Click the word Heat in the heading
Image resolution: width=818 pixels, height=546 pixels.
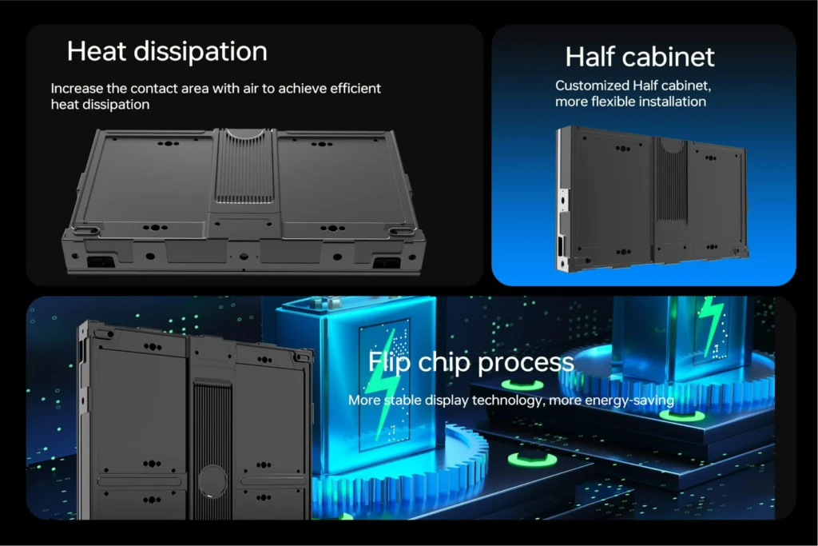[97, 51]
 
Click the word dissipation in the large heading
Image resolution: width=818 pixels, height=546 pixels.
[201, 52]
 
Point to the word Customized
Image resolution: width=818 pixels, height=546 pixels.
[592, 85]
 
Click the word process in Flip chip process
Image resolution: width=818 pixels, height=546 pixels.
[526, 363]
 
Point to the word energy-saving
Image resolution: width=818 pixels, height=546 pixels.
[629, 401]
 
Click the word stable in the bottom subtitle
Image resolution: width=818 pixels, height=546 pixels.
[403, 400]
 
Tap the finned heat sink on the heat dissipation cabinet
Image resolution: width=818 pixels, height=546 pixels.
[244, 166]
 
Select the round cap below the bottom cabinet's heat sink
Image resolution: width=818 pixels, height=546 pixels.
[212, 481]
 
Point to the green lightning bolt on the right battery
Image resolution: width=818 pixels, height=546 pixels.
[712, 325]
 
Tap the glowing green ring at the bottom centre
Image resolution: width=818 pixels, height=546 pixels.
[531, 460]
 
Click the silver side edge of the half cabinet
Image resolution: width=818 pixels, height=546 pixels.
[562, 198]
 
